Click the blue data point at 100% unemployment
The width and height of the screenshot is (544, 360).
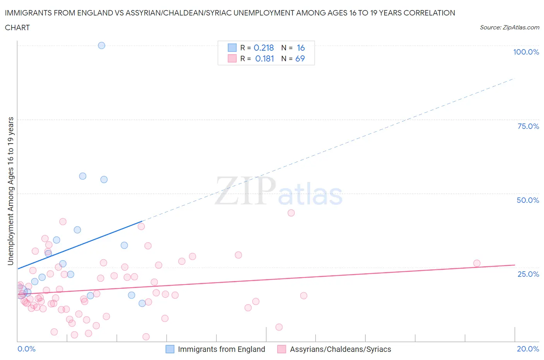coord(101,45)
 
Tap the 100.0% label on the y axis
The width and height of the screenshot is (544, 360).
coord(526,52)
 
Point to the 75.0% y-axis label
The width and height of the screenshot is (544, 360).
coord(528,126)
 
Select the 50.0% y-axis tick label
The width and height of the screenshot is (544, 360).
coord(528,200)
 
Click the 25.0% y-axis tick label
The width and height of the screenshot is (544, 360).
coord(528,274)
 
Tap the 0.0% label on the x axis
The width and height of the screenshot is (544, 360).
coord(26,349)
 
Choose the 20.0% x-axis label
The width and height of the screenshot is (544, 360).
coord(528,349)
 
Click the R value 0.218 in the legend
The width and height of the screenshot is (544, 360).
coord(263,48)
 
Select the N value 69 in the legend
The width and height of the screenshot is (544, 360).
coord(300,58)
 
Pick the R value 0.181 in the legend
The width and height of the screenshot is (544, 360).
coord(264,58)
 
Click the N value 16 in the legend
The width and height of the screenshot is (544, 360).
coord(301,48)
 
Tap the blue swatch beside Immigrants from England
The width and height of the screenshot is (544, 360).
coord(170,349)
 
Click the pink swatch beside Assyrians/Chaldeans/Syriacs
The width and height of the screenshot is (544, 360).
coord(282,349)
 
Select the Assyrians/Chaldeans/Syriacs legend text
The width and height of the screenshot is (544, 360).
coord(340,349)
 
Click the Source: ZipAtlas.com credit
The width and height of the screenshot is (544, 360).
coord(509,27)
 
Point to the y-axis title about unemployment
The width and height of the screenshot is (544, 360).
coord(10,191)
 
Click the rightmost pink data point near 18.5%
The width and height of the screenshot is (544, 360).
coord(477,263)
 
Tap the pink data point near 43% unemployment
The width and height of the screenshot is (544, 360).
coord(291,213)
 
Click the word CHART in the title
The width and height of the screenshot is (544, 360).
coord(17,27)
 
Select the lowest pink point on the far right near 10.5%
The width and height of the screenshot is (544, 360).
coord(279,327)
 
